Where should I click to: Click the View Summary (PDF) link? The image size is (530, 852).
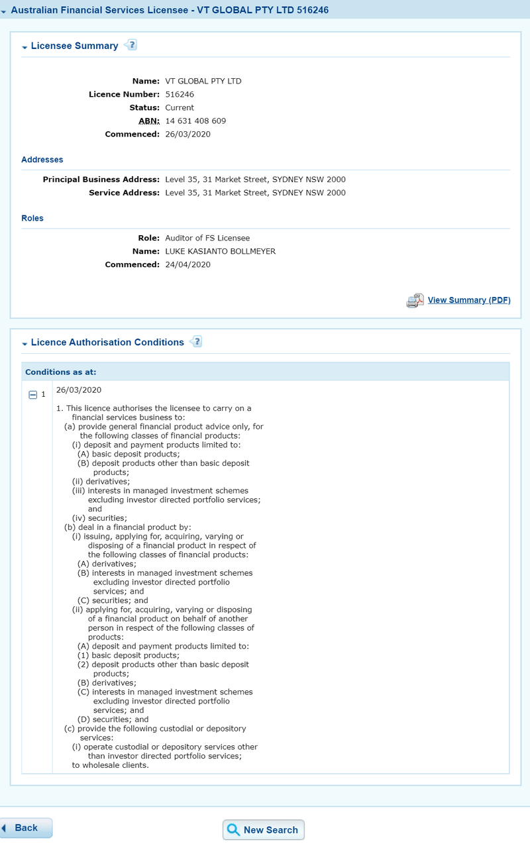coord(469,300)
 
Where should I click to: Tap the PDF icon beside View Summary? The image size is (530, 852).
coord(415,301)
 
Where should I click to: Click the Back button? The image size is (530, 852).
coord(26,827)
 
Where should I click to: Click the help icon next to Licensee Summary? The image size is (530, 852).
coord(131,45)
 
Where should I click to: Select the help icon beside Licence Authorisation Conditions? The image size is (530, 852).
coord(196,342)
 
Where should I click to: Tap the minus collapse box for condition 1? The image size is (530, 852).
coord(32,394)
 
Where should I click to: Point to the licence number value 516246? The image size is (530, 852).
coord(180,94)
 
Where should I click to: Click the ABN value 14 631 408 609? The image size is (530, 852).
coord(195,121)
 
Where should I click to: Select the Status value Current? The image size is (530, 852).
coord(180,107)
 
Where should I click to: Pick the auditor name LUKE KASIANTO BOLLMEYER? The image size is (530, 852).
coord(220,251)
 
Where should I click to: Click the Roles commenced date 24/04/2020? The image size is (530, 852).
coord(187,264)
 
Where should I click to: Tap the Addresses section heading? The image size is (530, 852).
coord(42,160)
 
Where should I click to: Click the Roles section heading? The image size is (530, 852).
coord(32,218)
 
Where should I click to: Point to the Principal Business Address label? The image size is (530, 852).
coord(101,180)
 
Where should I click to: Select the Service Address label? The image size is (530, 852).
coord(124,193)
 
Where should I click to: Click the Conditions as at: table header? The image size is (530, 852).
coord(61,372)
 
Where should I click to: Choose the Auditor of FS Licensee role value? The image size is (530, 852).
coord(207,238)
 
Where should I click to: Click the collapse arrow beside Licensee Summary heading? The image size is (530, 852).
coord(25,47)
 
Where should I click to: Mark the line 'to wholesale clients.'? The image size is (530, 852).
coord(111,765)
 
